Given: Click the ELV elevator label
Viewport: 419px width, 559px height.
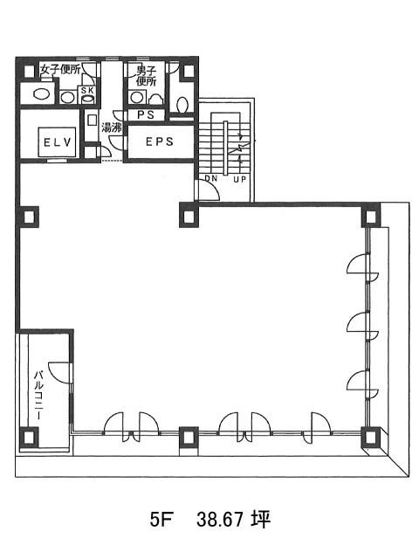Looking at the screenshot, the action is (x=58, y=142).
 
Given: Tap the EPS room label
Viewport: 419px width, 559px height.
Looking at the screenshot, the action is (x=160, y=141).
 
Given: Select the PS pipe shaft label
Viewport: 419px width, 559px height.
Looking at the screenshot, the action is (x=146, y=114).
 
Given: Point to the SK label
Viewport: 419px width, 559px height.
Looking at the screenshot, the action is (x=87, y=91).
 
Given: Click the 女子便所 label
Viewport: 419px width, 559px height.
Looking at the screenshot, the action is (x=60, y=69).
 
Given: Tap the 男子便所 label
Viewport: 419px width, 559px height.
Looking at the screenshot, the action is (x=146, y=76).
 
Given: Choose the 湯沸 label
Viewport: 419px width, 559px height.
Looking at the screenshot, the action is (x=112, y=128).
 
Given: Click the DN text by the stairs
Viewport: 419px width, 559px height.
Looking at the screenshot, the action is (x=211, y=178).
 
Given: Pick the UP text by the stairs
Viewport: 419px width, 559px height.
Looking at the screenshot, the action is (x=239, y=179).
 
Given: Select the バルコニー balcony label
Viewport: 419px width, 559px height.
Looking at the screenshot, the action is (x=39, y=395).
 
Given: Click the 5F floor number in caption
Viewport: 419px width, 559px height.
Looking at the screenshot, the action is (x=161, y=521).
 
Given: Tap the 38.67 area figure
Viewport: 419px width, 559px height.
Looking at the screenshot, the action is (x=220, y=521).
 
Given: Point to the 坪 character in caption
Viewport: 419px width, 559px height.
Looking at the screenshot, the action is (x=260, y=520).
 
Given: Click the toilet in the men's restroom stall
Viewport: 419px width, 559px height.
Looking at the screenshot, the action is (x=182, y=105).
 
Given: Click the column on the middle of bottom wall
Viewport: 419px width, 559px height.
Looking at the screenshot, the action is (x=189, y=436).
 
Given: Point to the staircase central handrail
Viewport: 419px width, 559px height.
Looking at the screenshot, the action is (x=225, y=148).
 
